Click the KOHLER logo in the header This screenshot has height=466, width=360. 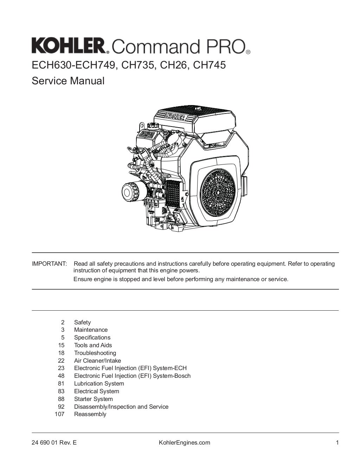69,46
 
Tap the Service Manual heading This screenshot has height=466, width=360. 68,81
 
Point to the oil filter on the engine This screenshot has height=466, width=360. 131,192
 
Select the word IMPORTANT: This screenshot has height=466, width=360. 49,264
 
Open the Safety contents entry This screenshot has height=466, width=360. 82,322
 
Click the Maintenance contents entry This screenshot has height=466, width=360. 91,330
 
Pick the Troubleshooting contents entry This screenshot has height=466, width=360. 95,353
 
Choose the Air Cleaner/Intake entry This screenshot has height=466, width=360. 97,361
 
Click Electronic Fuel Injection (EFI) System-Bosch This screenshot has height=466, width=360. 132,376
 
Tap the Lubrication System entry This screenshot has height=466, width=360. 99,383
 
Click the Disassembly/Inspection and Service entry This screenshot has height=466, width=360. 121,407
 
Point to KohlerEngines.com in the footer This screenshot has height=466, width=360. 185,442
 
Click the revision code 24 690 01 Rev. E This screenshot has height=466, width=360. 54,442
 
